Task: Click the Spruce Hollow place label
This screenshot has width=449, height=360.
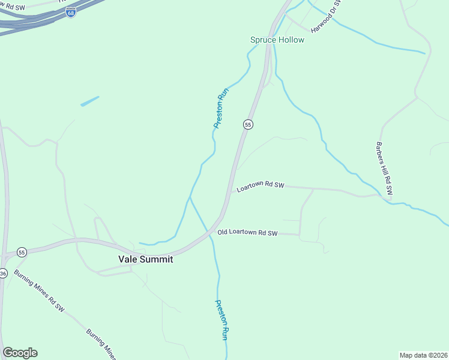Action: click(x=277, y=40)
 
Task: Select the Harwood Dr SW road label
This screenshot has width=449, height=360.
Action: click(x=326, y=17)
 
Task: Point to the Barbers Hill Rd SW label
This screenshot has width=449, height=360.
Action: click(x=384, y=168)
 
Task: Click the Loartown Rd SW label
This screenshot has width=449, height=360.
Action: click(x=260, y=187)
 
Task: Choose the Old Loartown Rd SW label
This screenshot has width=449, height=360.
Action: click(x=248, y=232)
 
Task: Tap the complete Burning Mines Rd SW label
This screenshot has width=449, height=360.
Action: click(x=40, y=294)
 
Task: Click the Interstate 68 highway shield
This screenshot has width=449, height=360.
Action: click(x=71, y=13)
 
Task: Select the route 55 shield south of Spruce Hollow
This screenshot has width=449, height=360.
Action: click(x=248, y=124)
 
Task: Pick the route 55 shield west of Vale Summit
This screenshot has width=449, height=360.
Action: click(x=22, y=251)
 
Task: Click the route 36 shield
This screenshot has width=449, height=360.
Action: click(x=2, y=274)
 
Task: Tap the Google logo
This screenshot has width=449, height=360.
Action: click(x=20, y=353)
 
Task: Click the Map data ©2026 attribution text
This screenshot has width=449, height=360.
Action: click(x=423, y=355)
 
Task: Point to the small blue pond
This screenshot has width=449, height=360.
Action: click(x=89, y=101)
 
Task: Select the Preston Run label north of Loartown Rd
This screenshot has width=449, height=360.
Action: click(x=221, y=109)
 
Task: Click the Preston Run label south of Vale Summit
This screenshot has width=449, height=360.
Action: click(x=221, y=320)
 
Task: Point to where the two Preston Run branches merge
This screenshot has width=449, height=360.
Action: click(x=190, y=196)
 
